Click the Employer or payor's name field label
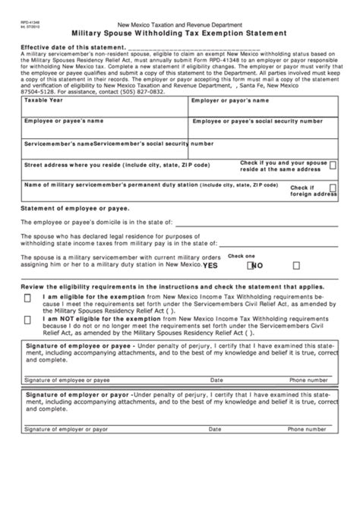230,100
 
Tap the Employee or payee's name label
63,121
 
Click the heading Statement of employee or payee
75,208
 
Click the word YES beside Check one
210,266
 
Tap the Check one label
242,256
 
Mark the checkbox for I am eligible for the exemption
27,298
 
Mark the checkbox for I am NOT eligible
27,320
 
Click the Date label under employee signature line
216,379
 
